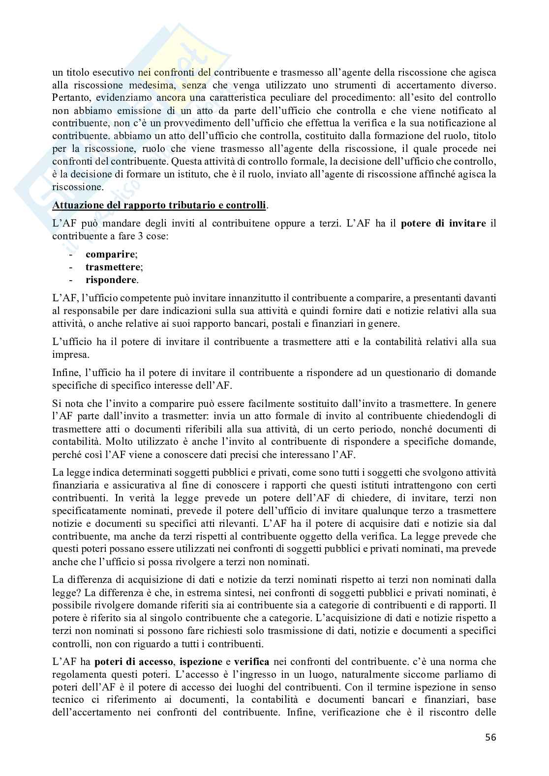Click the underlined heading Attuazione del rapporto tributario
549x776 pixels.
(159, 205)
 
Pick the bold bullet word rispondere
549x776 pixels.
(111, 280)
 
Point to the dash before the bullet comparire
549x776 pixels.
(72, 254)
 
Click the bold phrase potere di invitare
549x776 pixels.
(444, 224)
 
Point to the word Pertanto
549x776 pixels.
(70, 97)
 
